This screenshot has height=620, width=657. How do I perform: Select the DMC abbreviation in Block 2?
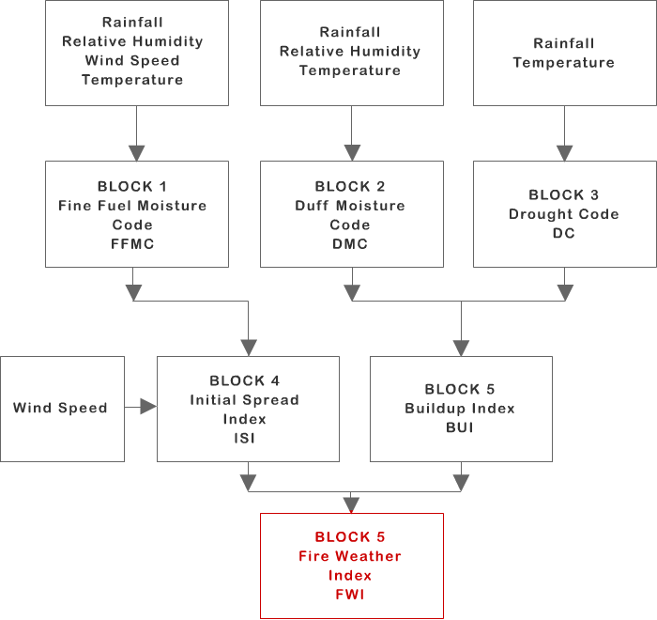click(x=350, y=244)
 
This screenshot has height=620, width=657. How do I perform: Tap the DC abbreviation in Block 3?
click(x=563, y=233)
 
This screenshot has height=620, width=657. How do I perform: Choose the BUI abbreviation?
click(x=460, y=427)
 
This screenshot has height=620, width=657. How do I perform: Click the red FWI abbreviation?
click(x=350, y=595)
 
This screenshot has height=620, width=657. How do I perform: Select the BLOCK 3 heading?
click(x=563, y=195)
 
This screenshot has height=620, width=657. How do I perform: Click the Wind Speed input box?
click(x=62, y=409)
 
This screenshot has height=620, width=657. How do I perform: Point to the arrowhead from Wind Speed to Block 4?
click(x=147, y=407)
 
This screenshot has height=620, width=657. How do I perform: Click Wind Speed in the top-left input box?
click(x=131, y=61)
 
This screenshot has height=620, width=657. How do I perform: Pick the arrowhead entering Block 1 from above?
click(x=136, y=152)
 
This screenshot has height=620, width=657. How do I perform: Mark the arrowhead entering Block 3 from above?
click(x=564, y=152)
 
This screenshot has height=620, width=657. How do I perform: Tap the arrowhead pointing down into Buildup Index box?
click(x=460, y=349)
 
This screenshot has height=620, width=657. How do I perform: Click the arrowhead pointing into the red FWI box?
click(x=351, y=504)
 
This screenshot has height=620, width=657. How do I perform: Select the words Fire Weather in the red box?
click(x=350, y=556)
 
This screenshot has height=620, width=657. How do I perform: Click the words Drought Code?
click(x=563, y=214)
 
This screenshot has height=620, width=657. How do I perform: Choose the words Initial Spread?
click(x=245, y=399)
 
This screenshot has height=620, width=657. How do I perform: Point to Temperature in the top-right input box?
click(x=563, y=63)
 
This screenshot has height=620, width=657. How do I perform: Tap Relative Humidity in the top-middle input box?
click(x=350, y=52)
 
